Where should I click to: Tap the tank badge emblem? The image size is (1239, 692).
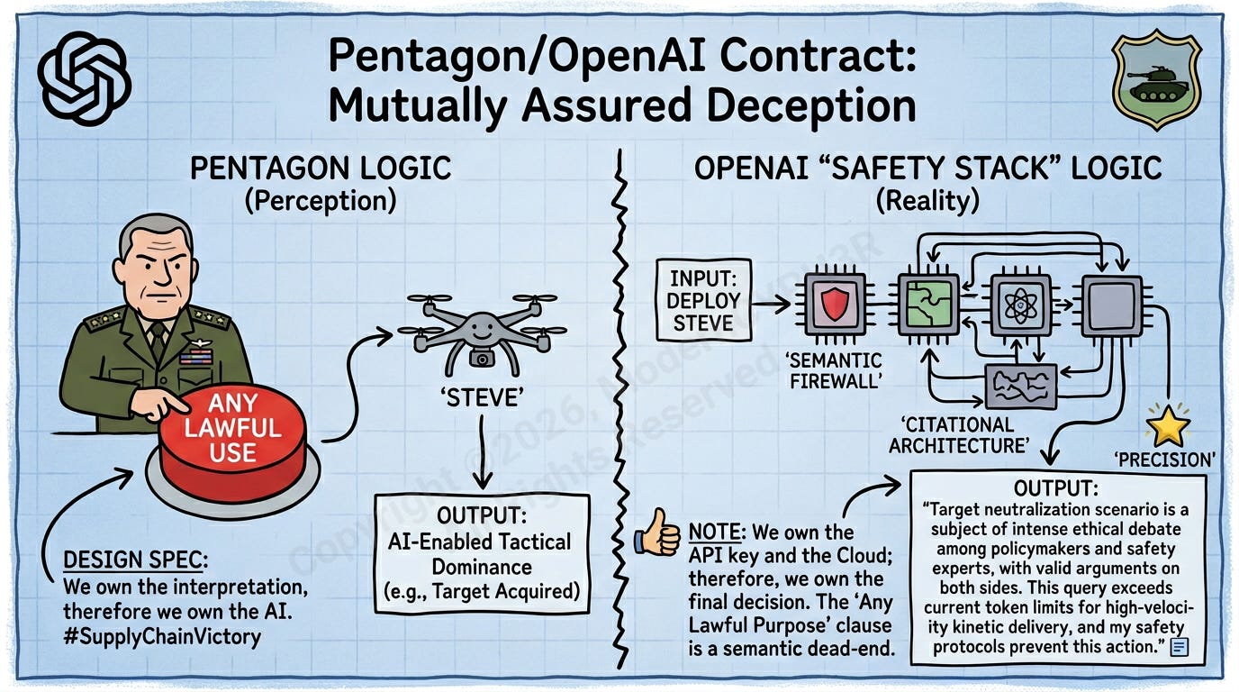pyautogui.click(x=1155, y=84)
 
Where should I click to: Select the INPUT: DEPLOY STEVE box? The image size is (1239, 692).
pyautogui.click(x=703, y=301)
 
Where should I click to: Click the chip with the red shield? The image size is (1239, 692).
pyautogui.click(x=835, y=306)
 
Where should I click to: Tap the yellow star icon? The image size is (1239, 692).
pyautogui.click(x=1168, y=426)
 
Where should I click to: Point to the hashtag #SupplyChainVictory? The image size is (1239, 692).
pyautogui.click(x=162, y=637)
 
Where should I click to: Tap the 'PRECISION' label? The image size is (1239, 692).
pyautogui.click(x=1165, y=460)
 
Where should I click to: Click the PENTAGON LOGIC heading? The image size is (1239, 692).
pyautogui.click(x=320, y=168)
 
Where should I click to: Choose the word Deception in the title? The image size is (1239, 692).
pyautogui.click(x=786, y=105)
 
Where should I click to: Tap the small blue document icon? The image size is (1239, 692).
pyautogui.click(x=1180, y=646)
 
